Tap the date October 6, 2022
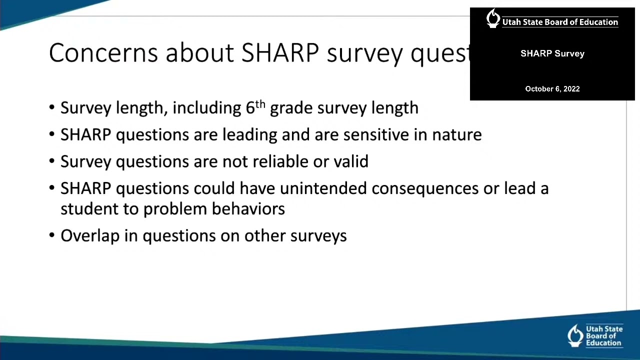552,89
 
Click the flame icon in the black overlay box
493,18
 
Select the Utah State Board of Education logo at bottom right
595,335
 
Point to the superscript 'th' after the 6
260,104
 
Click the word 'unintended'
323,188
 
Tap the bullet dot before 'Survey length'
52,108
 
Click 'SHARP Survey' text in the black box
552,53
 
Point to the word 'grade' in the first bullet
291,108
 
